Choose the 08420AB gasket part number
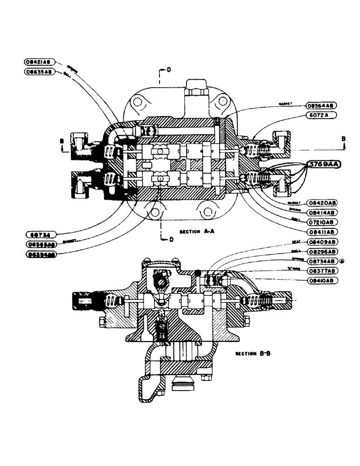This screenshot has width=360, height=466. click(323, 203)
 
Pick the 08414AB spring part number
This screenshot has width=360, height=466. click(323, 212)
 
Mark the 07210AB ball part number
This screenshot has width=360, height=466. click(323, 222)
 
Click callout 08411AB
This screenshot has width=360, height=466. click(323, 231)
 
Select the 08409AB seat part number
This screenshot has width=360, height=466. click(323, 243)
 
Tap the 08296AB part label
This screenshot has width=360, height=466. click(323, 252)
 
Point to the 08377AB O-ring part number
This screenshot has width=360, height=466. click(323, 271)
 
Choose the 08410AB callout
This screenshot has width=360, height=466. click(323, 281)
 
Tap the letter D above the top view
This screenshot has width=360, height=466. click(168, 70)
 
